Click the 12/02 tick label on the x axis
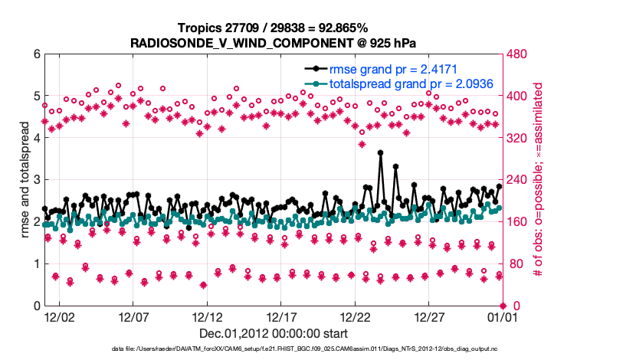59,316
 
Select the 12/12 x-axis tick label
207,316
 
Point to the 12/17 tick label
281,316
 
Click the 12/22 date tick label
356,316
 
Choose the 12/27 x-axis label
430,316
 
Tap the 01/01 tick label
503,316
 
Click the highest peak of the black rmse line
381,153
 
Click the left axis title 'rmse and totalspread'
25,180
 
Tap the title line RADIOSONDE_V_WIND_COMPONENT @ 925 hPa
273,42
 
